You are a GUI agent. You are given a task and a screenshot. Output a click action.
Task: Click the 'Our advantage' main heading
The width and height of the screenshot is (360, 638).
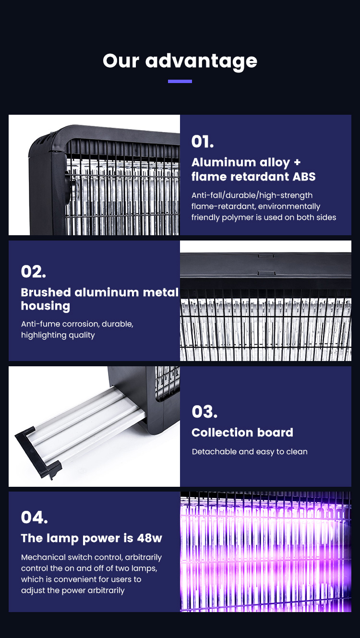(180, 61)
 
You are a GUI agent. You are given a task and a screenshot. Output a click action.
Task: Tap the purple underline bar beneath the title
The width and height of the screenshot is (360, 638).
(180, 81)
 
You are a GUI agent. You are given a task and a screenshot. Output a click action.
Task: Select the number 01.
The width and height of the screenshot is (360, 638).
(203, 141)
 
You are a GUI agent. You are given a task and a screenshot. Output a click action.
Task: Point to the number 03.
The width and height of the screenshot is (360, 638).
(204, 411)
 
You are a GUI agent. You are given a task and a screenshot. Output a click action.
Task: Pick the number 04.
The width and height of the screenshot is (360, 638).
(34, 517)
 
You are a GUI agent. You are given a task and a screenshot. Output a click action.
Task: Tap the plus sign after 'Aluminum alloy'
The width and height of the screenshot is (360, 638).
(297, 162)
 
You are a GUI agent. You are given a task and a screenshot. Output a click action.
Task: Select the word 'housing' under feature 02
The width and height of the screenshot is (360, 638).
(46, 306)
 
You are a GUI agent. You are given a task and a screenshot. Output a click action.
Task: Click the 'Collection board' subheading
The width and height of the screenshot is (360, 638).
(242, 433)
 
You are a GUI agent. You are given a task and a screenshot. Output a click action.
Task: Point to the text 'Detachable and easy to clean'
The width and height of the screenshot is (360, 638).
(250, 452)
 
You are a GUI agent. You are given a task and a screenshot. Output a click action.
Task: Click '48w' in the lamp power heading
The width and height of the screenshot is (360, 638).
(150, 538)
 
